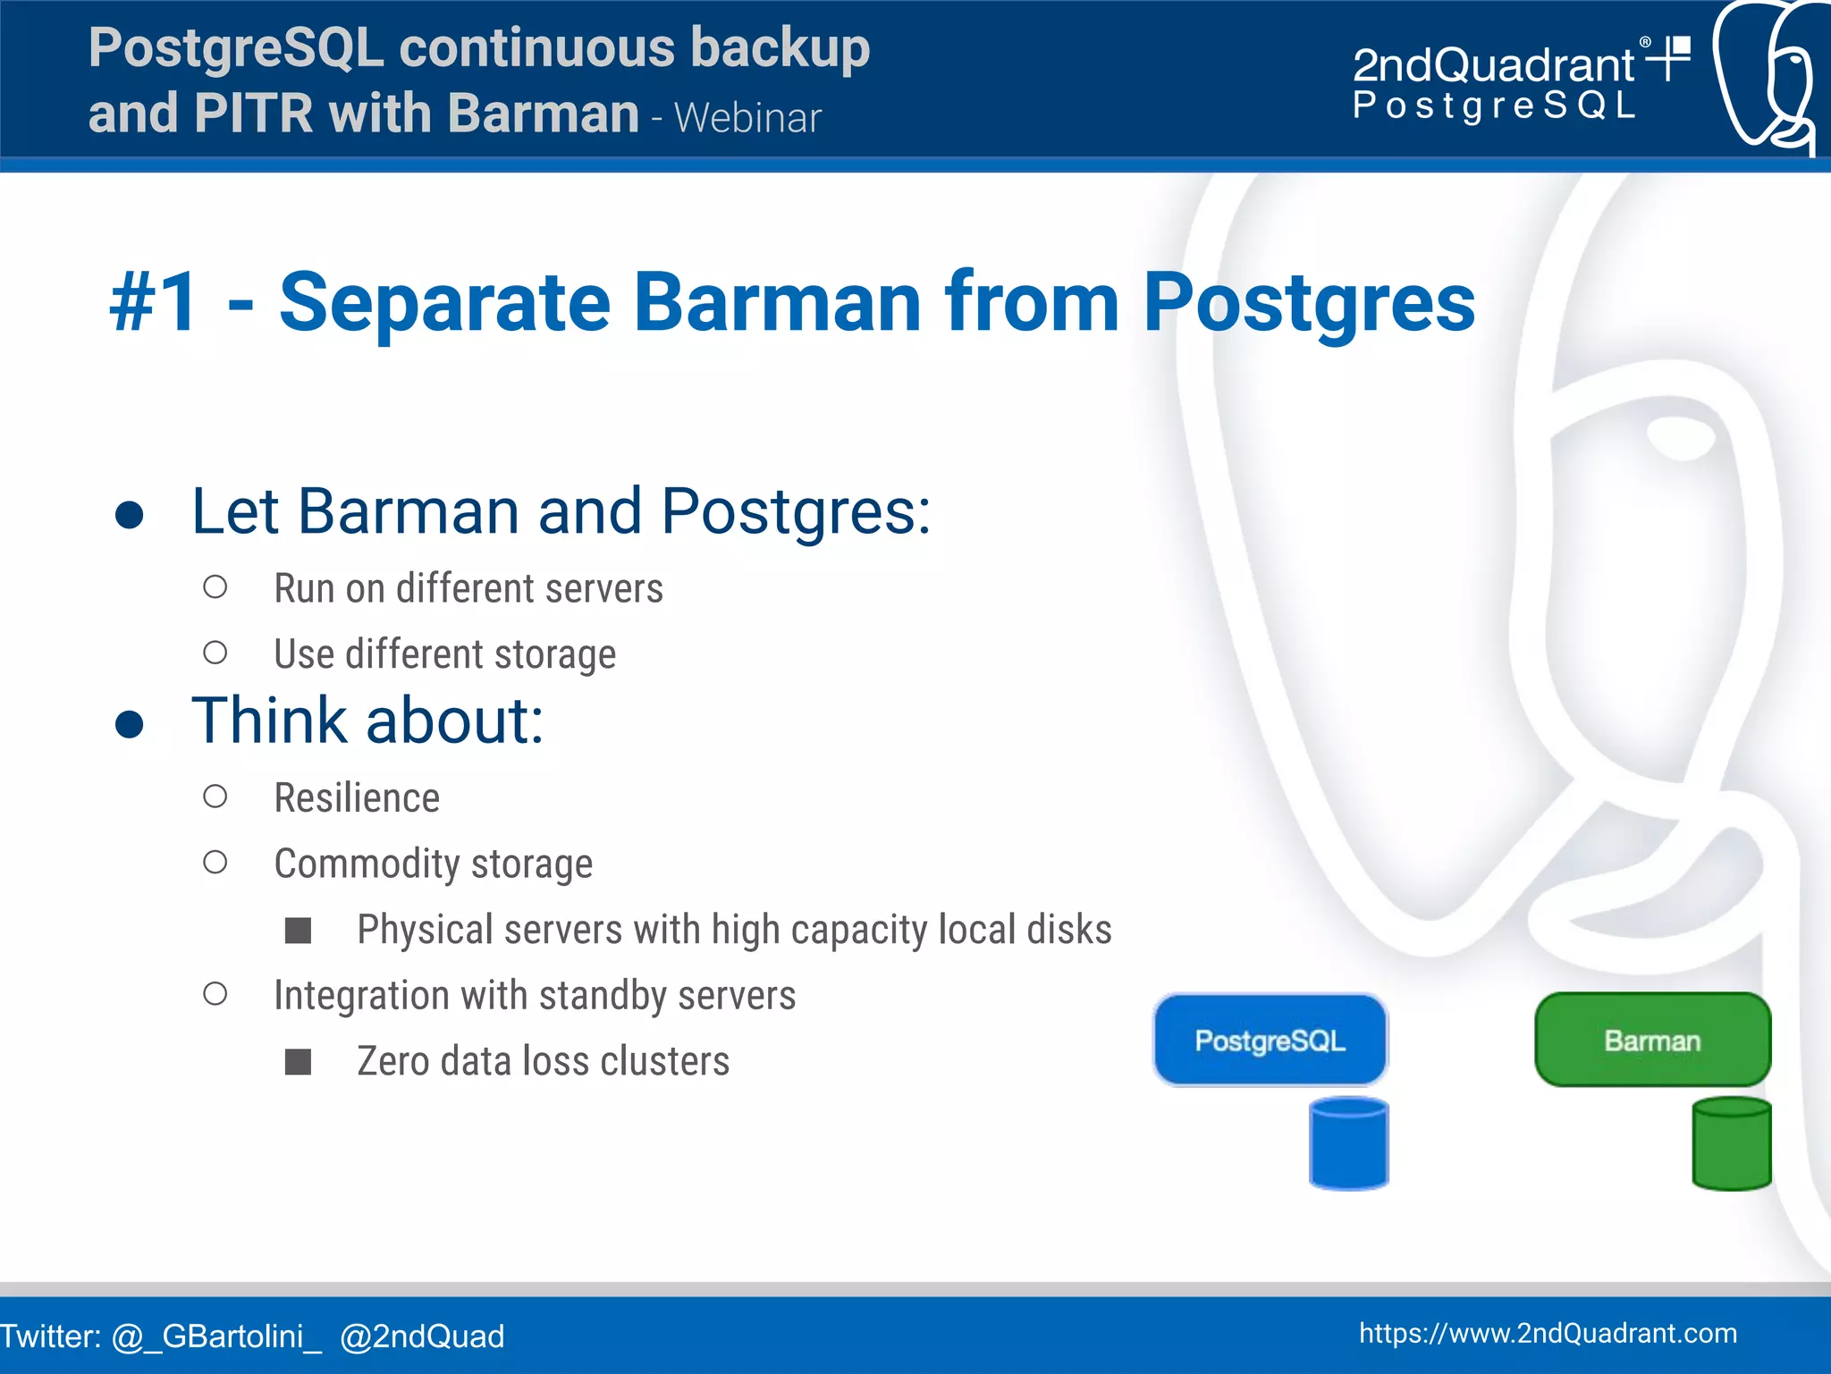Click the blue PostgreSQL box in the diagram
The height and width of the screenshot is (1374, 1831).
coord(1270,1040)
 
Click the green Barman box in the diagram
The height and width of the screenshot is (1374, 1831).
coord(1652,1040)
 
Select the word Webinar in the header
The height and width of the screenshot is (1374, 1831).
coord(747,118)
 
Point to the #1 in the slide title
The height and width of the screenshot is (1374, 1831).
coord(153,302)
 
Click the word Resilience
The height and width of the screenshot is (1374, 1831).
coord(357,797)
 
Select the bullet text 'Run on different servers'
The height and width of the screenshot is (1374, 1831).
coord(468,588)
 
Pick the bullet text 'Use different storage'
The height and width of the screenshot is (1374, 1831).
coord(444,653)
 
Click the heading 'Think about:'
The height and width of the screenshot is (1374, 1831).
coord(367,721)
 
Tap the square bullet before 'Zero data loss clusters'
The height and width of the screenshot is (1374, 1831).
coord(298,1062)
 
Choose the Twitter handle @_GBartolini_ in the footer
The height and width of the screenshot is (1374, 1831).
coord(216,1336)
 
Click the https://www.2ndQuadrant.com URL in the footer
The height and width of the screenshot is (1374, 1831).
coord(1548,1333)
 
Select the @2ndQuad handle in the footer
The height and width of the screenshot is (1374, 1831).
coord(422,1336)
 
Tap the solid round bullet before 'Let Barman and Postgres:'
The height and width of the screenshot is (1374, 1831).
coord(130,515)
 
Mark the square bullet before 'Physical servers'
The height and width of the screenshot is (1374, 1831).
coord(298,931)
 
